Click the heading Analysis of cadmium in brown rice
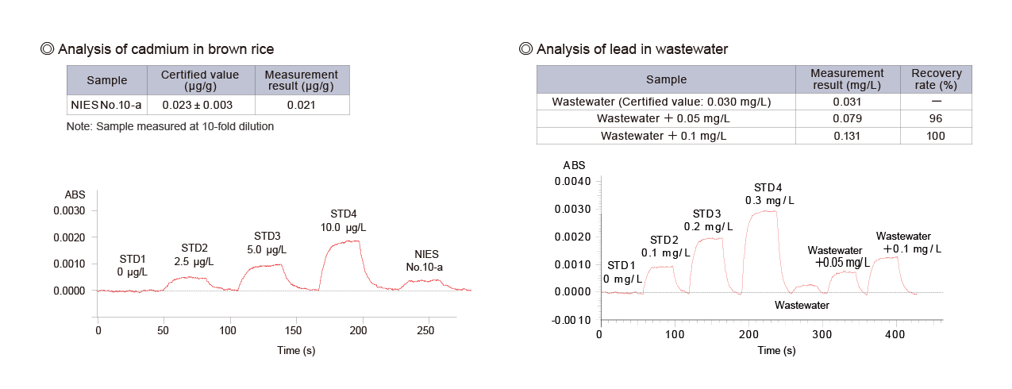point(167,49)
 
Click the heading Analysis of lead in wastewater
point(632,49)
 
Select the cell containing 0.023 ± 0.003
point(200,105)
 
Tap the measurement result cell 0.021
point(301,105)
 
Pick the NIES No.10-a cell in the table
point(107,105)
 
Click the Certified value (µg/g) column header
point(200,80)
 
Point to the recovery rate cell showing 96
point(936,119)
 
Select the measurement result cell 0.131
point(847,136)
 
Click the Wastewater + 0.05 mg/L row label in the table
point(666,119)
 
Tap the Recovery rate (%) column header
point(936,79)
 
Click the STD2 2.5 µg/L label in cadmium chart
point(194,254)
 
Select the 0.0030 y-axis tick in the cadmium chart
point(69,211)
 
